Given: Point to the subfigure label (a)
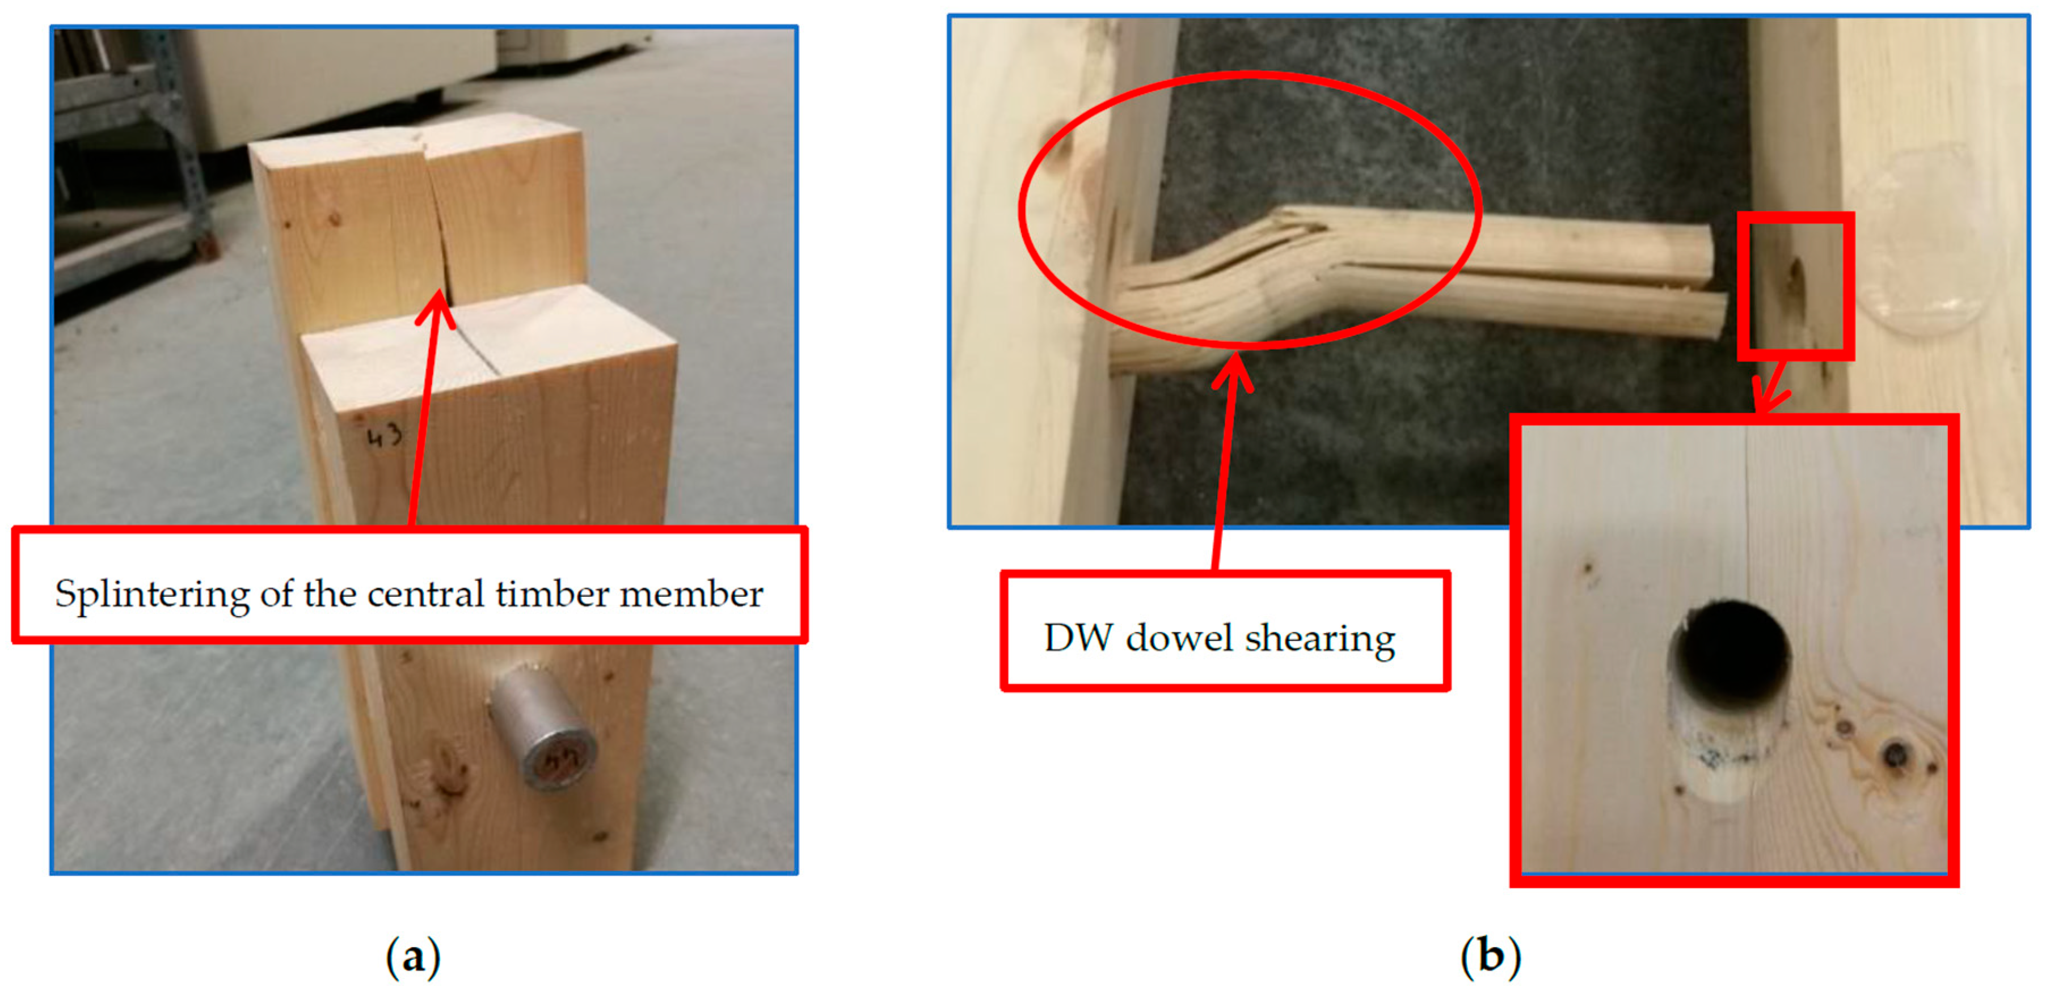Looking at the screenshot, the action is point(412,957).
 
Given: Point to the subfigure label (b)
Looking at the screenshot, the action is point(1491,957).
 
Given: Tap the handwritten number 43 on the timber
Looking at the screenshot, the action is point(385,436).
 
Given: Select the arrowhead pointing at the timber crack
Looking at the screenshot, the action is point(436,309).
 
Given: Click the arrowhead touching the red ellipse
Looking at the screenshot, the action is point(1233,372).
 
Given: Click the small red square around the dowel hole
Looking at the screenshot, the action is point(1795,286).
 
